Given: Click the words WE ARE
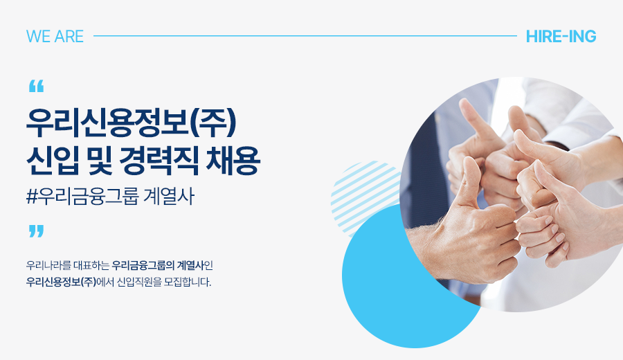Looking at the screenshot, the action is [x=55, y=36].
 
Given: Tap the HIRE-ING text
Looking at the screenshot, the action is [x=561, y=36].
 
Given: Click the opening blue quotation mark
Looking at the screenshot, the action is [x=36, y=86].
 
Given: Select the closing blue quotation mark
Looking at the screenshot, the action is [x=36, y=231].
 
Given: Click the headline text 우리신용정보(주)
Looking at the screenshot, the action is [x=132, y=123].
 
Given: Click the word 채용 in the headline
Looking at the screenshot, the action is [x=233, y=161].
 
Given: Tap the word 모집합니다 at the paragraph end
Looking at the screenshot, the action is [x=188, y=282].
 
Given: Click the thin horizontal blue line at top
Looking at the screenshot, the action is [x=305, y=36].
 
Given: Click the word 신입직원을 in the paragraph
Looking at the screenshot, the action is [x=139, y=282].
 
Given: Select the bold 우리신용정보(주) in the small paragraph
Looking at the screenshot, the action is [x=61, y=282].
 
